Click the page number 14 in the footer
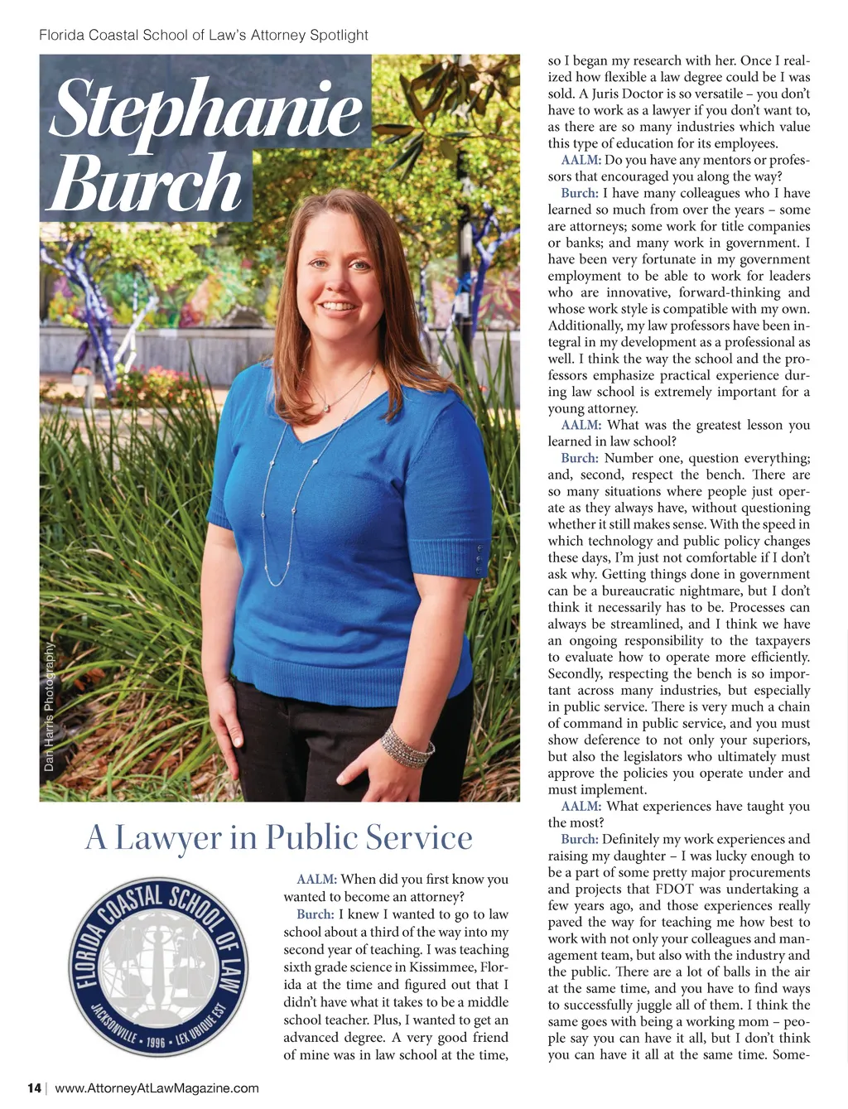[34, 1088]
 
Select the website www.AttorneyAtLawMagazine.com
[157, 1088]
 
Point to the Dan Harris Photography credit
[49, 707]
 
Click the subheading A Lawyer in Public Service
[278, 837]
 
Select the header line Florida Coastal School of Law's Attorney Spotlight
[204, 35]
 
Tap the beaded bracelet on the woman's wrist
[407, 746]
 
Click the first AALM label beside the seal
[316, 879]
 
